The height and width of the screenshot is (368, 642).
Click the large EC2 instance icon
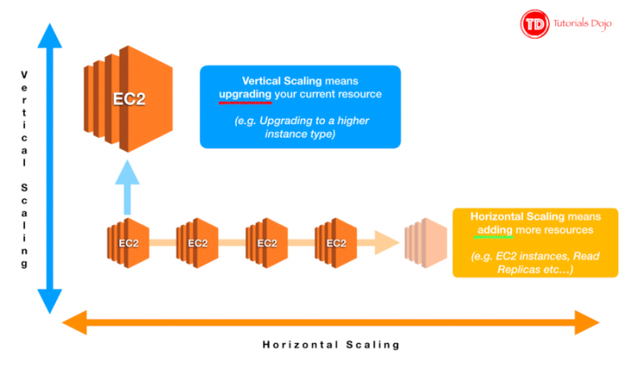[119, 100]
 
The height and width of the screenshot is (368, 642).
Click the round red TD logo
[534, 24]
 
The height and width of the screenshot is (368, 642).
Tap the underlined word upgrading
[245, 95]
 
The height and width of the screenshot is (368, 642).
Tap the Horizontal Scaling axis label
[331, 346]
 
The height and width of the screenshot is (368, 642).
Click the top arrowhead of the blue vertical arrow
[49, 36]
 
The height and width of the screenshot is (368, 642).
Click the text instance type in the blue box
[300, 134]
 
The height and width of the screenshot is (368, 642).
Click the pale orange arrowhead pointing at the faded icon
[389, 241]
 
